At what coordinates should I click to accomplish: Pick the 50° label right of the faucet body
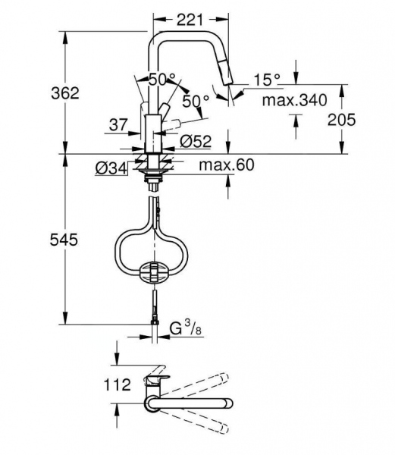(x=196, y=100)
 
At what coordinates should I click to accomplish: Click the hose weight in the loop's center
(x=155, y=270)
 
